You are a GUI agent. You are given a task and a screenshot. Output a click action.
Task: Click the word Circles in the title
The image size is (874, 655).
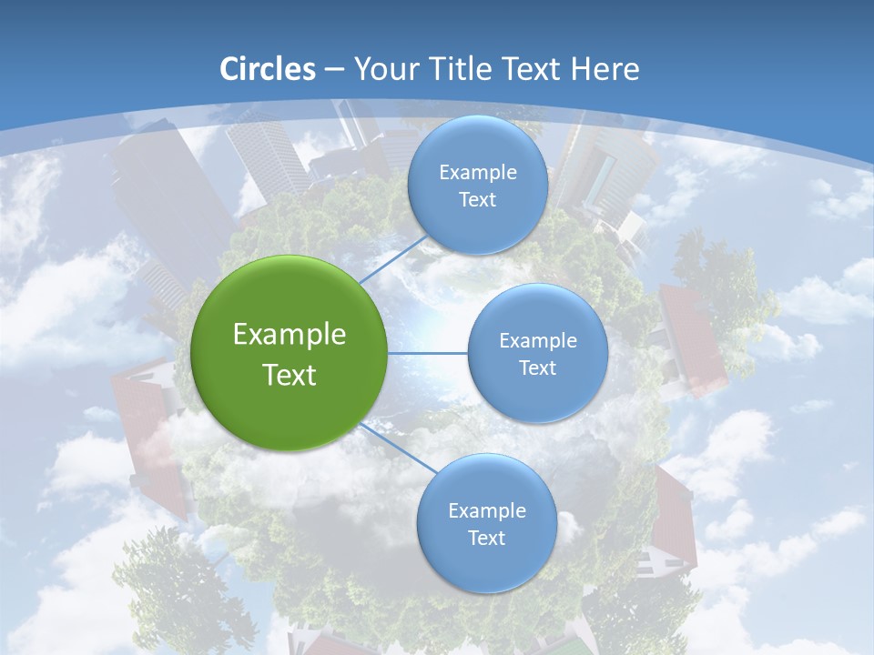coord(267,69)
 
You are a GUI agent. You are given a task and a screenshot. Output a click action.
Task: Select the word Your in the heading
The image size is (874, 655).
coord(383,69)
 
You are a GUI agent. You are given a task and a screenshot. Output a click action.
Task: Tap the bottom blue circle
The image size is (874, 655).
coord(486,564)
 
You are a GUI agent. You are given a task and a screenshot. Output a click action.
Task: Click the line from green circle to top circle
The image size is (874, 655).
coord(392,259)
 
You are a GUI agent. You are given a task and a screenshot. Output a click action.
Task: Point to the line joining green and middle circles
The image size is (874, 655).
coord(428,353)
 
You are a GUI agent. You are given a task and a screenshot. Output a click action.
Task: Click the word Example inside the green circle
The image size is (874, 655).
coord(289,335)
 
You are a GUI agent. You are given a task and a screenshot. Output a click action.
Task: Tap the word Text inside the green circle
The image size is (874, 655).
coord(289,375)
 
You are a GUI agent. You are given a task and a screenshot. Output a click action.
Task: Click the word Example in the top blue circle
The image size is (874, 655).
coord(477,173)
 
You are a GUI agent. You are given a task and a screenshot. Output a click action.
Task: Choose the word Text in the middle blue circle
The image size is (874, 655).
coord(537,368)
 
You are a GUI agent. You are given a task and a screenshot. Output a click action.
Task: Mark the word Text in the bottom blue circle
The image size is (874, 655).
coord(486,539)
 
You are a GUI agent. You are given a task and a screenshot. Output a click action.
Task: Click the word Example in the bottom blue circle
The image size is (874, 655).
coord(486,511)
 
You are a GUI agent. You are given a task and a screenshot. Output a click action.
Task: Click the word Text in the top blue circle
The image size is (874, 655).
coord(477,200)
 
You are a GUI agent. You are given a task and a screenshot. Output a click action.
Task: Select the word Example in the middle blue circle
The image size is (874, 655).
coord(537,341)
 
